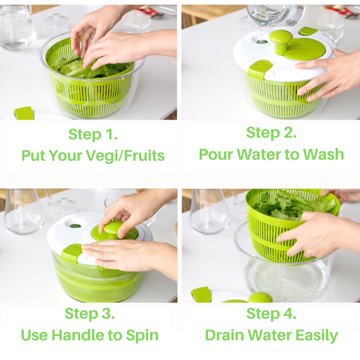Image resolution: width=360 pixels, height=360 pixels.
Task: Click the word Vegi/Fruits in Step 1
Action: (126, 156)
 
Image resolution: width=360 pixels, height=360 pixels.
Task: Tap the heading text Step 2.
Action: (271, 133)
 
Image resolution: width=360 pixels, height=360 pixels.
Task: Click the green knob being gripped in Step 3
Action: (112, 229)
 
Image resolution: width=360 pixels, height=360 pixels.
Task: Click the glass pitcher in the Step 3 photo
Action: (24, 211)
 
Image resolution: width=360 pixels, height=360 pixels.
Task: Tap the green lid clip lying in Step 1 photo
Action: (23, 113)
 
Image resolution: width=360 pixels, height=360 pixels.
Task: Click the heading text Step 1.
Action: (93, 134)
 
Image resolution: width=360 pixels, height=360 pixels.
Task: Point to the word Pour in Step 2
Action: (216, 154)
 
